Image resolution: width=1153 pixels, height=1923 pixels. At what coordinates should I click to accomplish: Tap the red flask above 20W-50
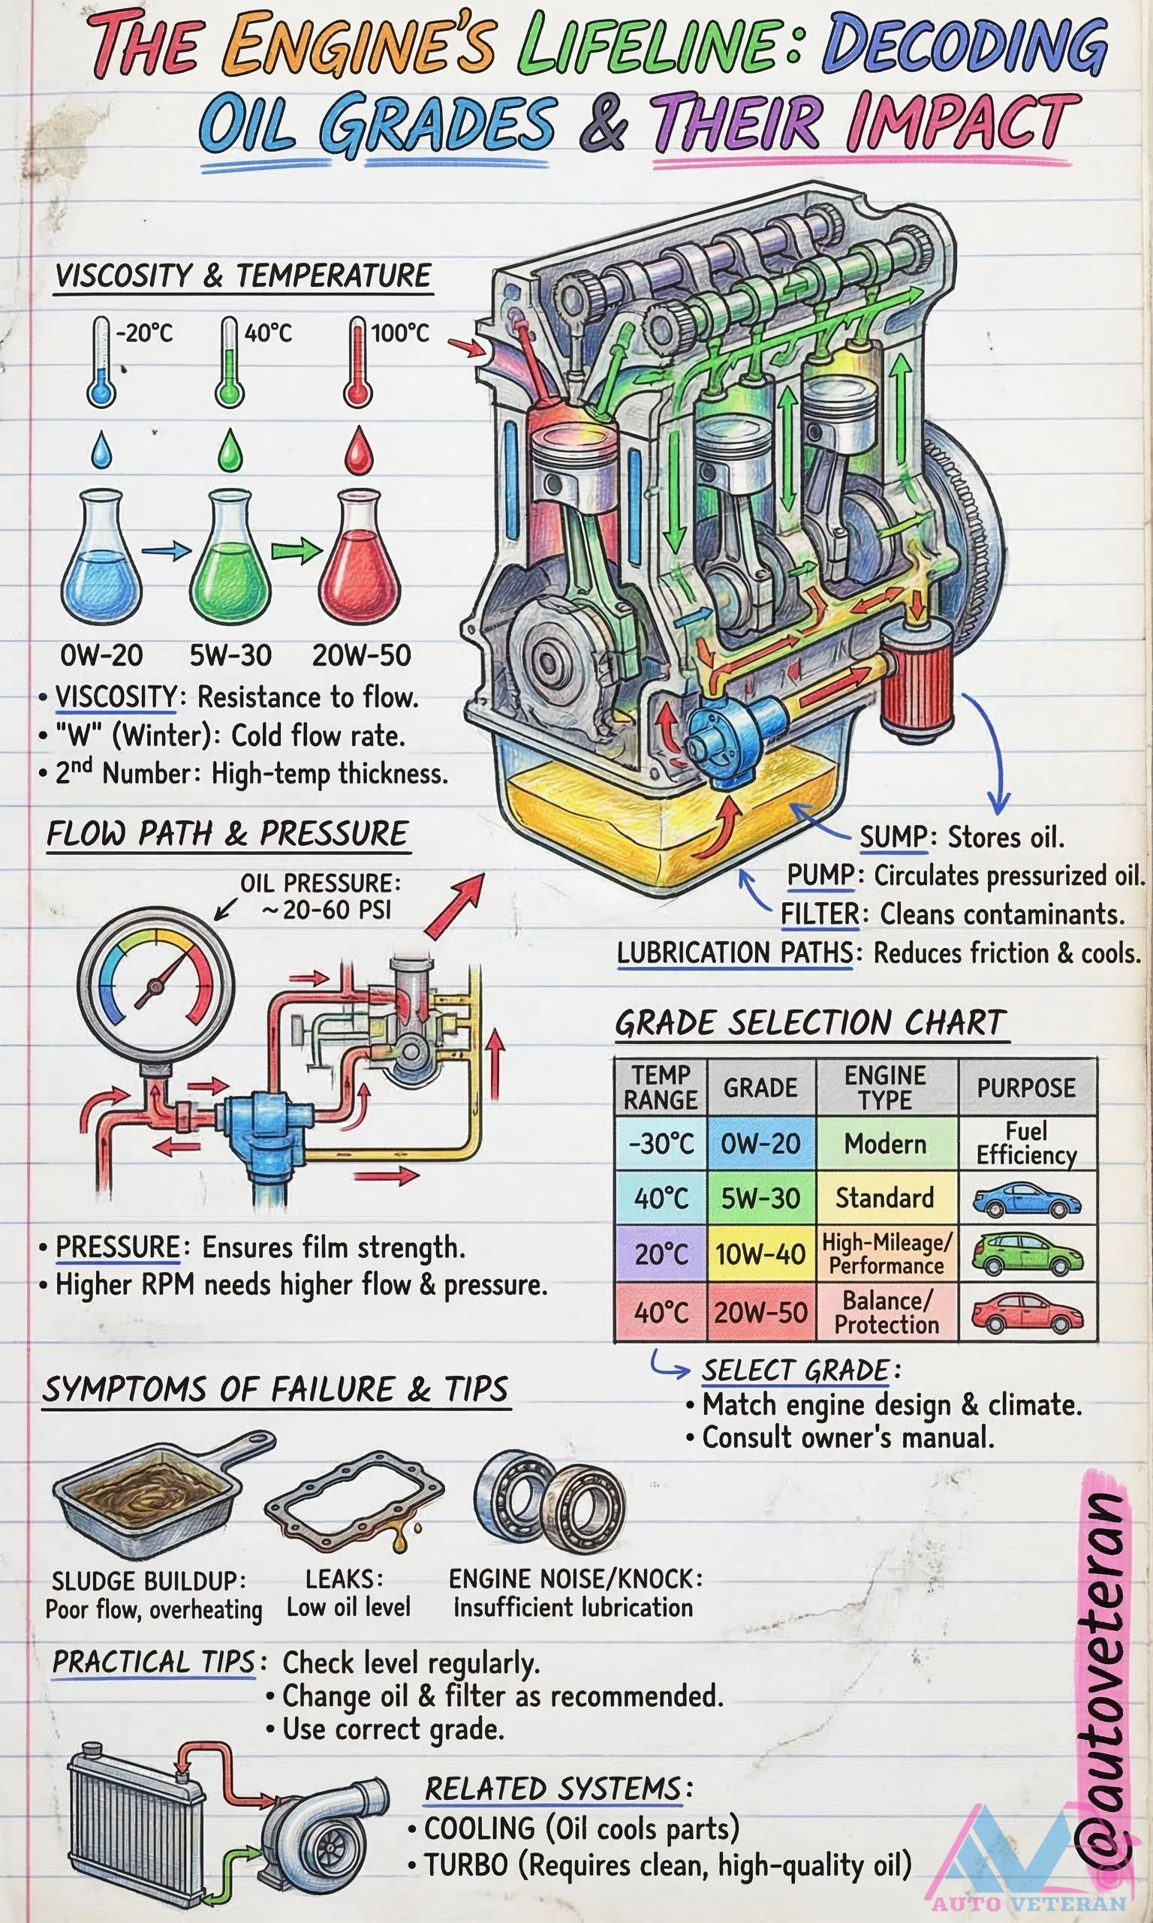click(359, 559)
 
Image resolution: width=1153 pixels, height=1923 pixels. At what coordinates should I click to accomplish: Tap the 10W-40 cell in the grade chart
click(760, 1253)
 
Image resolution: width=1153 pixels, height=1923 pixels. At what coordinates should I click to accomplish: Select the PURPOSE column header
click(1026, 1088)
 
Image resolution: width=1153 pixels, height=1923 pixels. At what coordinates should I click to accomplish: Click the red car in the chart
click(1026, 1313)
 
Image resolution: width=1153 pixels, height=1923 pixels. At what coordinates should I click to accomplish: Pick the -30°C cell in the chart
click(661, 1143)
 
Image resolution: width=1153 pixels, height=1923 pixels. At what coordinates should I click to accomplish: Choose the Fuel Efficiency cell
click(1026, 1143)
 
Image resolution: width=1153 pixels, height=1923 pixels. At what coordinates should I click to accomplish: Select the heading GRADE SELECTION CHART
click(811, 1022)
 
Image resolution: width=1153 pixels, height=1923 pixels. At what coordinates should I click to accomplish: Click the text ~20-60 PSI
click(327, 910)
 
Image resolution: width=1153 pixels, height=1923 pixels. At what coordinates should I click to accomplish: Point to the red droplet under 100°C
click(358, 452)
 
